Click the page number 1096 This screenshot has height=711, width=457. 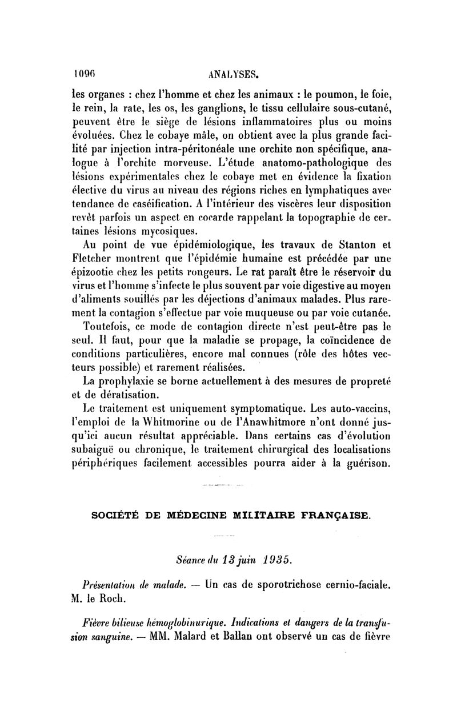(84, 74)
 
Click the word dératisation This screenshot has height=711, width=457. (129, 395)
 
